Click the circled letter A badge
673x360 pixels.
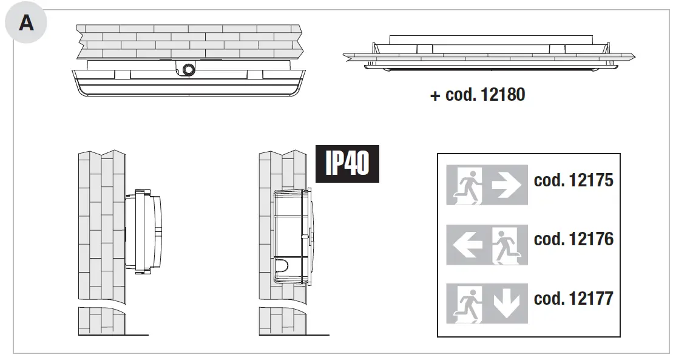pos(25,24)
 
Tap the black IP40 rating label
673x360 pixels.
pos(347,163)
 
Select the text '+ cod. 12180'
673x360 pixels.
pos(478,95)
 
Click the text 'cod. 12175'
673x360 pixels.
pos(573,181)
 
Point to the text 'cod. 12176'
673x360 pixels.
pos(573,239)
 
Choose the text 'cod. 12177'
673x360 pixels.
pos(573,299)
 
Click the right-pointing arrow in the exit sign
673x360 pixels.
pos(506,185)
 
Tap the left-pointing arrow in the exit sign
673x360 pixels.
pos(468,244)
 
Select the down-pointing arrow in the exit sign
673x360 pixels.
pos(506,304)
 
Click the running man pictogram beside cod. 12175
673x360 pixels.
pos(469,185)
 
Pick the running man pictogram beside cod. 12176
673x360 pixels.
pos(506,244)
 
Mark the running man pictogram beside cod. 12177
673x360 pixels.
pos(469,304)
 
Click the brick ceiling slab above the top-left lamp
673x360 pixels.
pos(188,41)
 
